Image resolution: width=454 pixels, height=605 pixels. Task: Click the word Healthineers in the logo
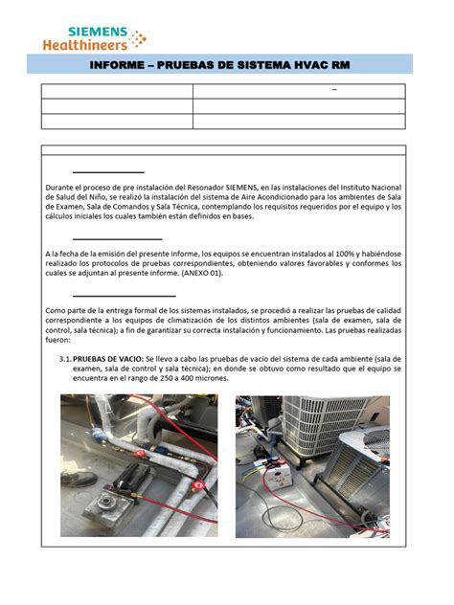[x=85, y=41]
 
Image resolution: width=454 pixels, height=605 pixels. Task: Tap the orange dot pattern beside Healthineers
[x=138, y=38]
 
